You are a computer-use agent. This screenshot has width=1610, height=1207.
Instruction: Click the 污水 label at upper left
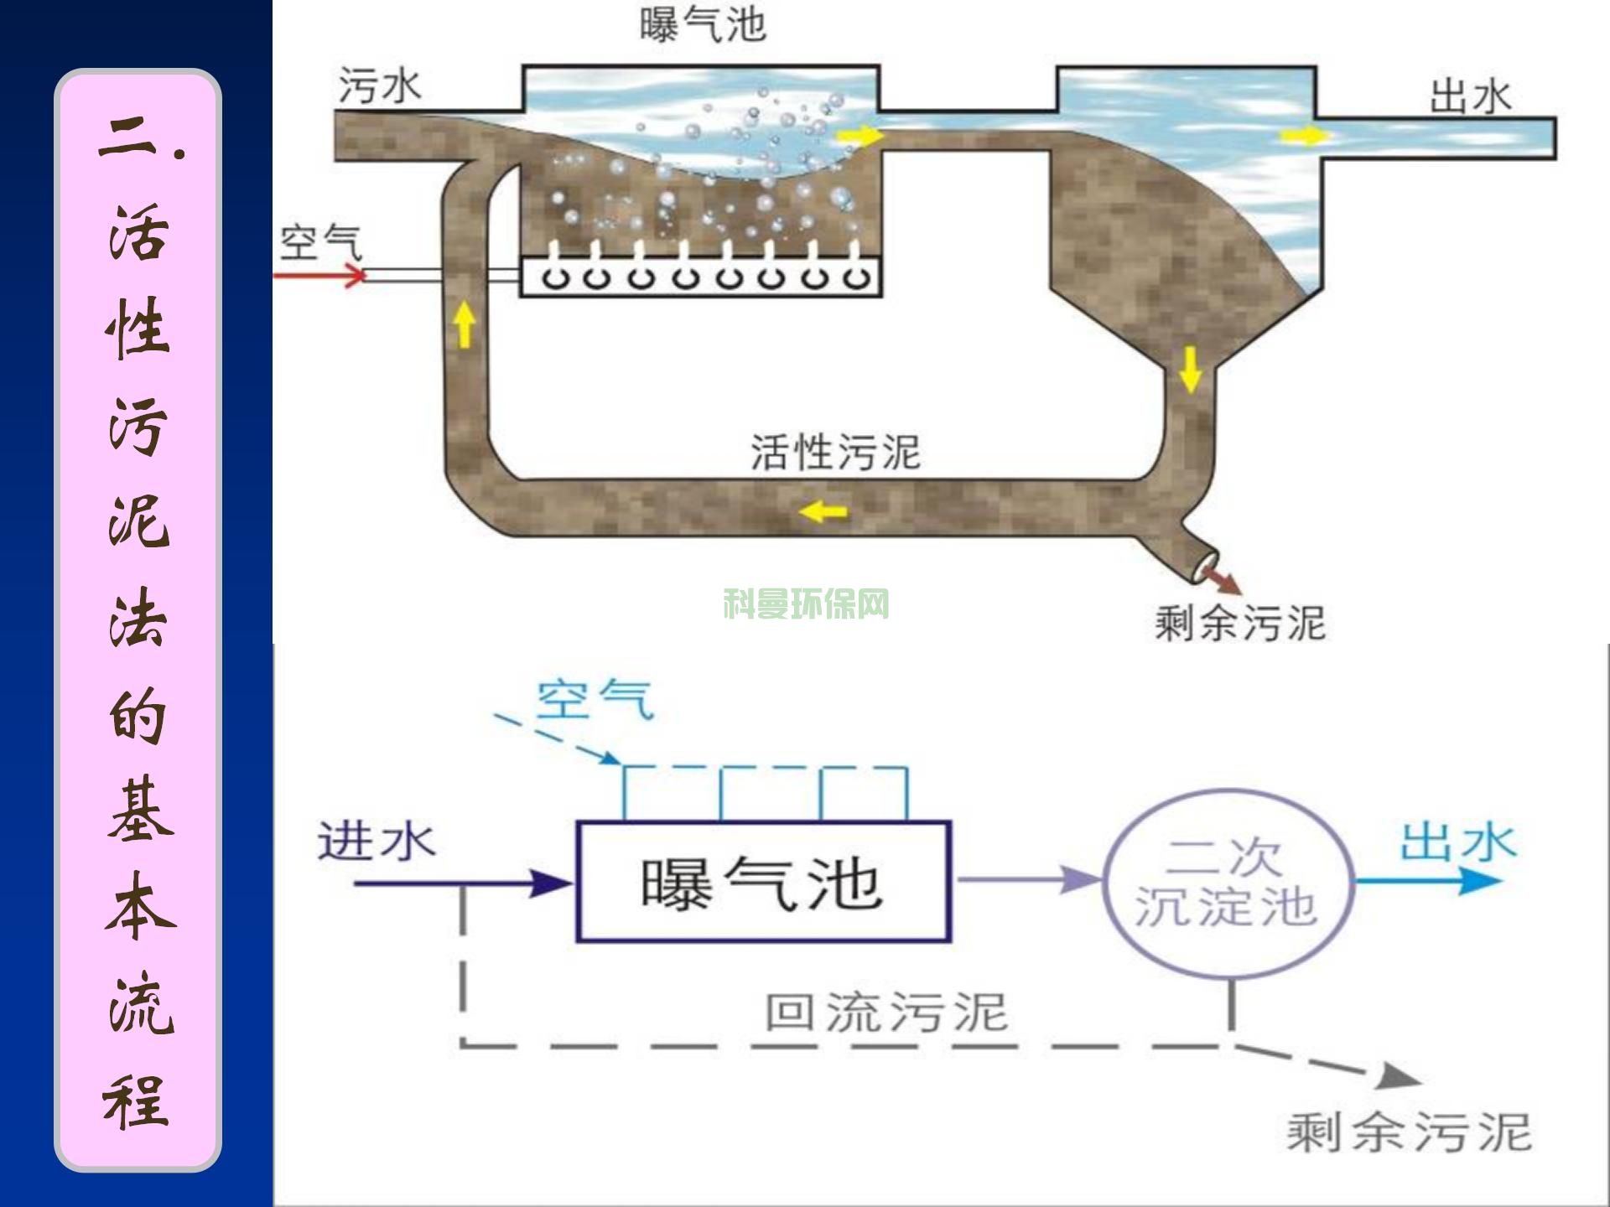click(x=379, y=85)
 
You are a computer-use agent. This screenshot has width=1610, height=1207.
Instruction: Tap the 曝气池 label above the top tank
click(x=703, y=25)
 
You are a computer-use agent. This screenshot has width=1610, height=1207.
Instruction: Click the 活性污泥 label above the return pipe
click(x=835, y=453)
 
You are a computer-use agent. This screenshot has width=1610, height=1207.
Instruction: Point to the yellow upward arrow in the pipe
click(x=465, y=325)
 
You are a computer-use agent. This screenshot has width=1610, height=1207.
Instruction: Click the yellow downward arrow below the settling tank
click(x=1190, y=369)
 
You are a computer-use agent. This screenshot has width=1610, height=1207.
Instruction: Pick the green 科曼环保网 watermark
click(x=806, y=603)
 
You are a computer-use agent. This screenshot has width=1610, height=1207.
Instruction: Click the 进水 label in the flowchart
click(x=376, y=841)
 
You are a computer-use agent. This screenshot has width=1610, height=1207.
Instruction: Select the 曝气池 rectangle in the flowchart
click(x=763, y=882)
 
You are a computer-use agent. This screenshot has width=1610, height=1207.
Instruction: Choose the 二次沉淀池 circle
click(x=1226, y=884)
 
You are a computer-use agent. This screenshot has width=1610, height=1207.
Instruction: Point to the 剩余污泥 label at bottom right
click(x=1409, y=1132)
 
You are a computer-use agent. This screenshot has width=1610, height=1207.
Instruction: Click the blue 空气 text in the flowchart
click(x=594, y=700)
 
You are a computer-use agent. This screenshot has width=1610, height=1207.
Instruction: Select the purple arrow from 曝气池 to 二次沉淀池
click(x=1028, y=880)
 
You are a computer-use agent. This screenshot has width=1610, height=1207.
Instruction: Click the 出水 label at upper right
click(x=1470, y=97)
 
